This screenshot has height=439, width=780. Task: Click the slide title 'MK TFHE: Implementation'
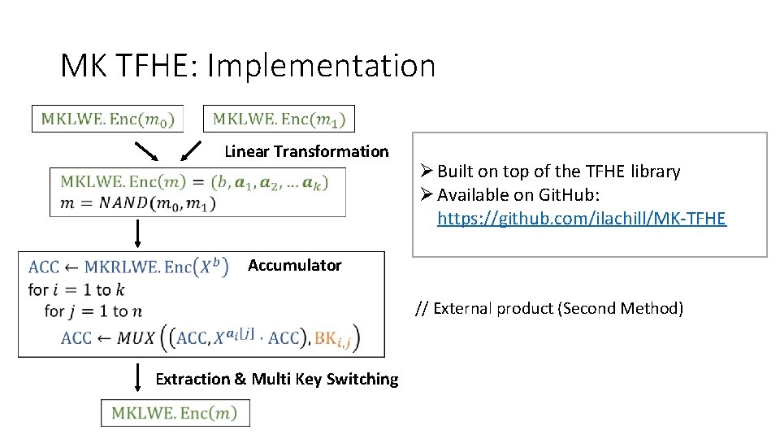[248, 66]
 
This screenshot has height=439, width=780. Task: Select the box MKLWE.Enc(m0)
[107, 119]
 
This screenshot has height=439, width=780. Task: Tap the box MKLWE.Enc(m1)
[279, 119]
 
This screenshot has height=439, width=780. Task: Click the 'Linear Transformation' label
[306, 151]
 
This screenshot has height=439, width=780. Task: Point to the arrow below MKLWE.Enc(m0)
[147, 151]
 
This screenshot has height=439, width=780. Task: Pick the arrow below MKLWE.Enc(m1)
[190, 151]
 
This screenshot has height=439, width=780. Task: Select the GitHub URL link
[581, 219]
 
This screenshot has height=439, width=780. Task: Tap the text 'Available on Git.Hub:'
[521, 195]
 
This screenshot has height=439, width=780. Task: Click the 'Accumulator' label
[295, 265]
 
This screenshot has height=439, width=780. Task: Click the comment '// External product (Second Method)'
[549, 308]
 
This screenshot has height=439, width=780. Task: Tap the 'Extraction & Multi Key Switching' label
[276, 379]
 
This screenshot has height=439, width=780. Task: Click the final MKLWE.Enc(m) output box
[175, 413]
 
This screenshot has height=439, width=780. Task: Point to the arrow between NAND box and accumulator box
[137, 233]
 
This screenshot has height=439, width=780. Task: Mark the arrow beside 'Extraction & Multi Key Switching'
[137, 377]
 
